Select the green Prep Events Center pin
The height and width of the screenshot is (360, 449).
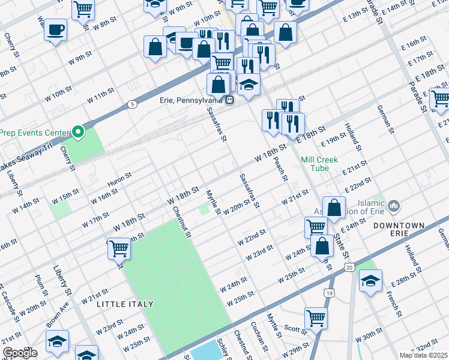click(77, 131)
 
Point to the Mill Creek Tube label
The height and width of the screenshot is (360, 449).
click(319, 164)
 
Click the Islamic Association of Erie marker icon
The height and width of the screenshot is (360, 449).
click(394, 206)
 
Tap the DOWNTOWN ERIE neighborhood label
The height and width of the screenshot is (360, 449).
click(399, 225)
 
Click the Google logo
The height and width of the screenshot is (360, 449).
click(20, 353)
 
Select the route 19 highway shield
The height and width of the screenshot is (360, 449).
click(328, 293)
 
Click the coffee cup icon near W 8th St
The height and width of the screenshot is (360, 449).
click(56, 30)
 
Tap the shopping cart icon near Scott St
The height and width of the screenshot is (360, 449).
click(316, 318)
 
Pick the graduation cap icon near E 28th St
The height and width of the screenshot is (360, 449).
click(370, 280)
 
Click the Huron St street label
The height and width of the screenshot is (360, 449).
click(119, 176)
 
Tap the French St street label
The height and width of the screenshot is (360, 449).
click(393, 303)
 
